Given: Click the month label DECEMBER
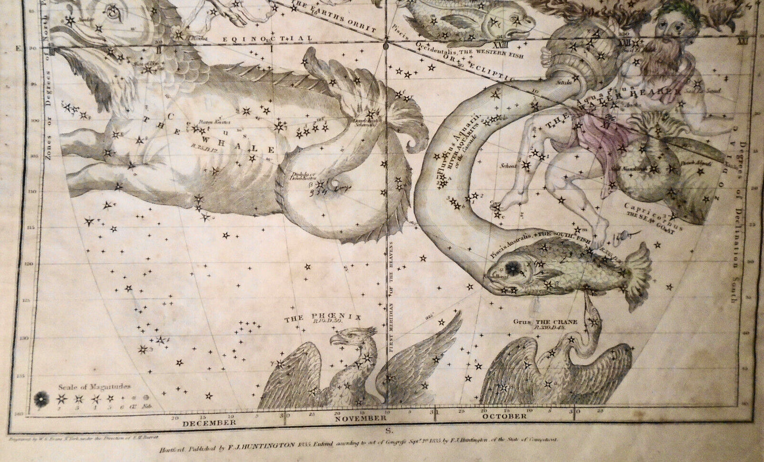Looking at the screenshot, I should click(209, 422).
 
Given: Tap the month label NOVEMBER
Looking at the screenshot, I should click(361, 418).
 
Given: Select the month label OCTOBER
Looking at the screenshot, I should click(504, 416).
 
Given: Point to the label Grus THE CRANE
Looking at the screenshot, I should click(545, 322).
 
